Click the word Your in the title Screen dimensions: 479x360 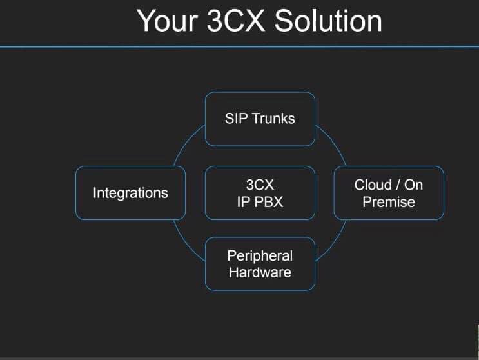click(167, 21)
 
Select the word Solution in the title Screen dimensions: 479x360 click(327, 21)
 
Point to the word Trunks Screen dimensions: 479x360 click(273, 119)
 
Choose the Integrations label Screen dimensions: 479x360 click(130, 193)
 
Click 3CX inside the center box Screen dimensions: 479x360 click(260, 185)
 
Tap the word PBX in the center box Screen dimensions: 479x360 click(268, 202)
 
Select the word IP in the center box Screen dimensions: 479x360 click(243, 202)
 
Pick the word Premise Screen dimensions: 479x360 click(389, 202)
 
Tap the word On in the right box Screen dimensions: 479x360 click(414, 185)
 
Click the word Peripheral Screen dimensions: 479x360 click(260, 256)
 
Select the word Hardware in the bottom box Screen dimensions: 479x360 click(260, 272)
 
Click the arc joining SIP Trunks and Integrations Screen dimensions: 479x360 click(186, 141)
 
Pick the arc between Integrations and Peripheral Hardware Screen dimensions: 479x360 click(186, 244)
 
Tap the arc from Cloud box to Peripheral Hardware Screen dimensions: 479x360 click(334, 244)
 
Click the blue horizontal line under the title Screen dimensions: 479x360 click(240, 46)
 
